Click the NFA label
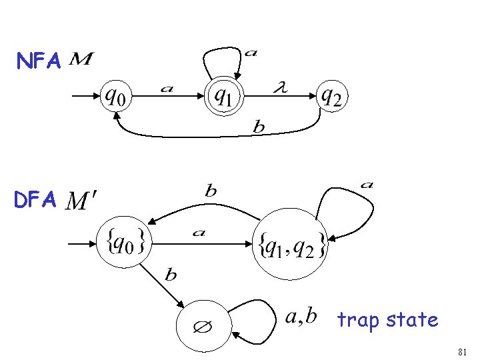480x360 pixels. (39, 62)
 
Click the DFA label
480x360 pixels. (39, 199)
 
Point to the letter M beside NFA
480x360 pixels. (81, 60)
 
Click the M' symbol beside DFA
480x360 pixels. (83, 199)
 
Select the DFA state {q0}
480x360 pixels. (125, 241)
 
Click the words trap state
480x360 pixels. (388, 320)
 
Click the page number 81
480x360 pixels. (463, 351)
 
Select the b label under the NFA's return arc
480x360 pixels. (259, 127)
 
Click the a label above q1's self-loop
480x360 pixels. (250, 53)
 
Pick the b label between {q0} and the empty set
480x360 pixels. (171, 273)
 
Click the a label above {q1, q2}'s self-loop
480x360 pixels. (366, 184)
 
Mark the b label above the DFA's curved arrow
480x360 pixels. (210, 191)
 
